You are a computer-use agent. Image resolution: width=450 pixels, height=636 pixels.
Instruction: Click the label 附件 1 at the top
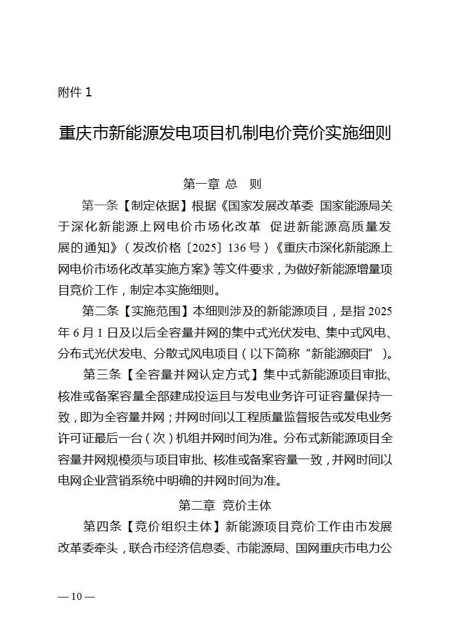click(x=74, y=92)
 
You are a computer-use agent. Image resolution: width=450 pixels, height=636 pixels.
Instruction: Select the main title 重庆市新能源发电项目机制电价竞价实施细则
click(x=225, y=135)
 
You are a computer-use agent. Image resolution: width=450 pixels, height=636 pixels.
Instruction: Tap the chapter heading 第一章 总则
click(x=222, y=184)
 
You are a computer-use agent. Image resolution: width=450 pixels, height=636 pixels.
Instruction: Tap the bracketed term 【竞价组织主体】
click(x=174, y=527)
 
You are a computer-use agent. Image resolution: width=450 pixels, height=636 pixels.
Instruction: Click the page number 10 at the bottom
click(x=77, y=596)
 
